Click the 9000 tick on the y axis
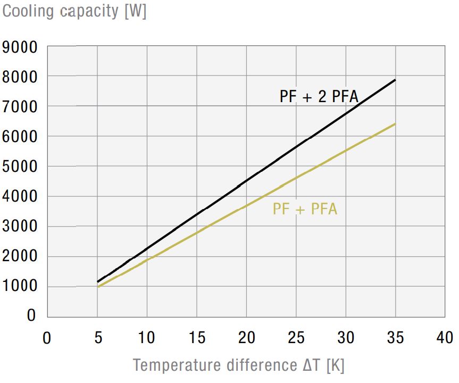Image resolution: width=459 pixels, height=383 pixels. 20,48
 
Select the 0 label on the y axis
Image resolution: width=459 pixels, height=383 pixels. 31,316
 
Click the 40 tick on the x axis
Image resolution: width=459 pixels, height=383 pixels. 444,338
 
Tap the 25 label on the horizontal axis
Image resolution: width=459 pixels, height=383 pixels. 295,338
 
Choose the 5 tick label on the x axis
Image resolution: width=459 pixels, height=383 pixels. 97,338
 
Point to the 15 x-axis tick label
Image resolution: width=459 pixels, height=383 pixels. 196,338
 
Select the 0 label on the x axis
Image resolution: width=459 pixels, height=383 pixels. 47,338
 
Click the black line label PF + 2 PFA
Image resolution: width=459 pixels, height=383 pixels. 319,97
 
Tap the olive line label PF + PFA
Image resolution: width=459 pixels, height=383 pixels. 305,209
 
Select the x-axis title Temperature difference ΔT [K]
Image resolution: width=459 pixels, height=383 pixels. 239,365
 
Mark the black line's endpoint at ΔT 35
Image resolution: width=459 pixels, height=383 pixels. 395,80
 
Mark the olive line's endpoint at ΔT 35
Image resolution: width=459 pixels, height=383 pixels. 395,124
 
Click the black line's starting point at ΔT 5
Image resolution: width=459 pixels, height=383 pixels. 97,281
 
